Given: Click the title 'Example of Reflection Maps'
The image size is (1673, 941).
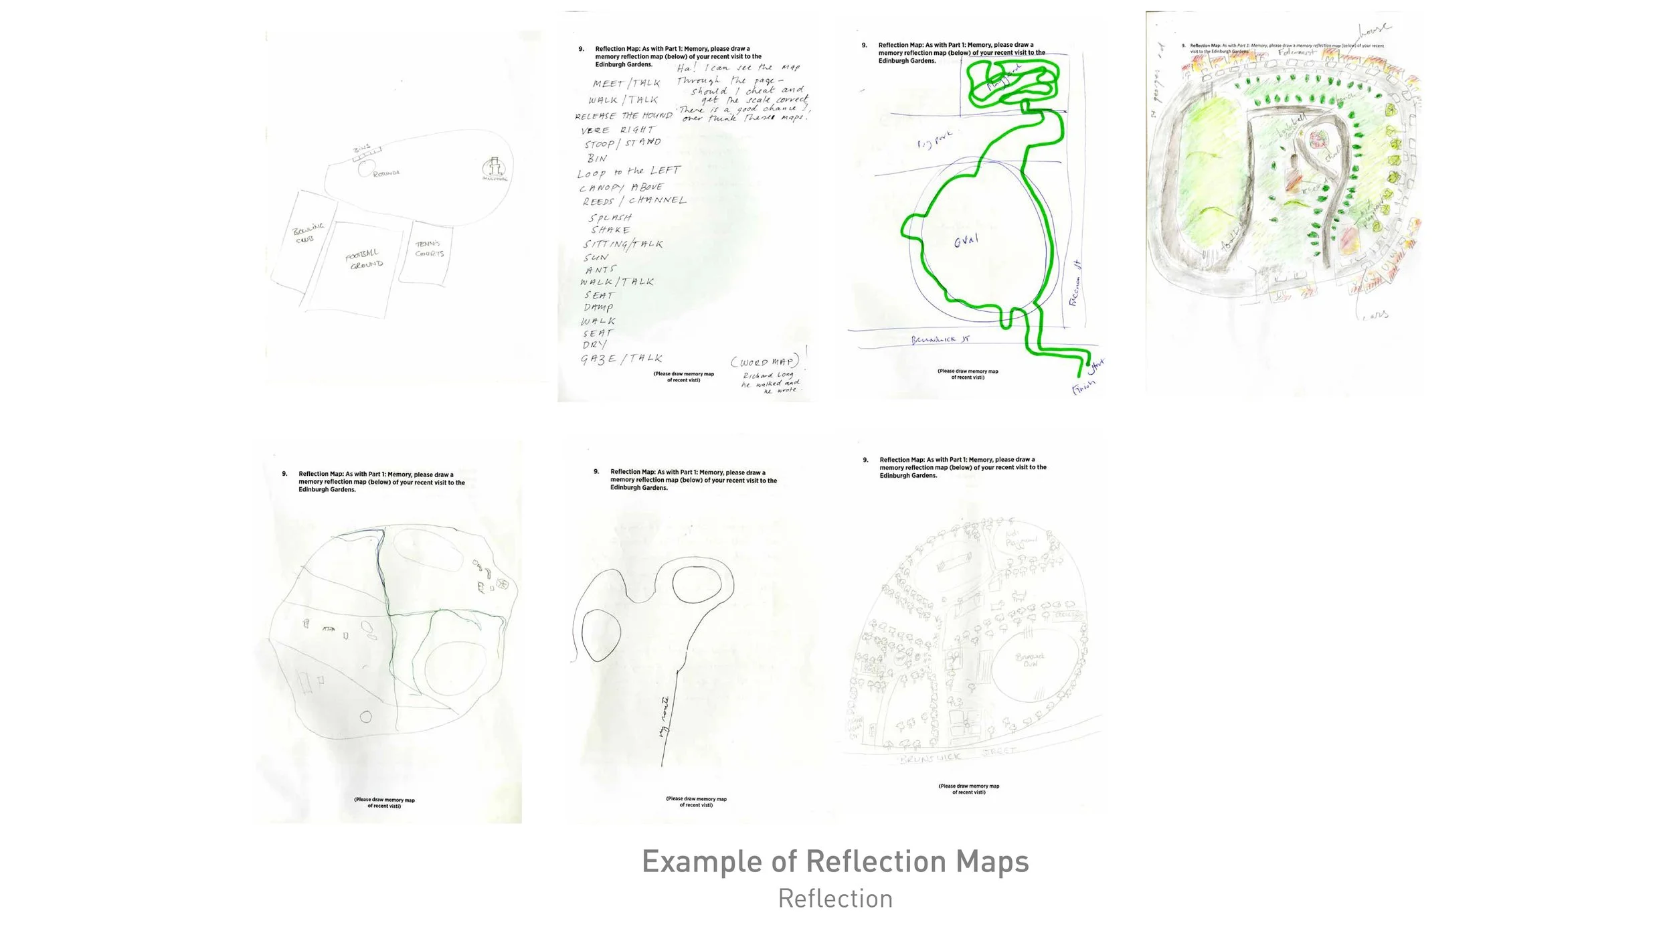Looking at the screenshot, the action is point(835,861).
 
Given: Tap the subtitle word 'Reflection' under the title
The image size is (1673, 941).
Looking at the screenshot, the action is point(835,899).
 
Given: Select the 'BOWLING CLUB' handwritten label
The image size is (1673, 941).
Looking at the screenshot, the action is point(308,232).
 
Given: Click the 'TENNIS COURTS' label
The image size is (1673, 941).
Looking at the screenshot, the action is point(428,249).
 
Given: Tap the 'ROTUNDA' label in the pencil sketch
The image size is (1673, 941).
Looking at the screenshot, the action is point(386,173).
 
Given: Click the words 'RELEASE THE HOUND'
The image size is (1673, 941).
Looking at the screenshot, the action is point(624,116).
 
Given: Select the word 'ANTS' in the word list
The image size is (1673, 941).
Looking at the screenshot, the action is point(600,270).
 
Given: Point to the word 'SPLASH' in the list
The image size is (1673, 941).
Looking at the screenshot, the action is point(610,218).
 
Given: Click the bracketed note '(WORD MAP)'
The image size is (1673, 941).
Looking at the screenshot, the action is point(764,362).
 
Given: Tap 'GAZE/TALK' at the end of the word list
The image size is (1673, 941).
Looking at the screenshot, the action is point(622,359).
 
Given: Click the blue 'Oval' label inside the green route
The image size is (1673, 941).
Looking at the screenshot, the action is point(966,240).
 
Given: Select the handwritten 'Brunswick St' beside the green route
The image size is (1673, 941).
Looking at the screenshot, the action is point(940,340).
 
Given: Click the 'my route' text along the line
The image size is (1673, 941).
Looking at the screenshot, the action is point(664,717).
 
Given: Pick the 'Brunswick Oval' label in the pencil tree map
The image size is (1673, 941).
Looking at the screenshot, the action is point(1030,660).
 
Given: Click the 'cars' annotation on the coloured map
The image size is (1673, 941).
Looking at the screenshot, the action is point(1376,315).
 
